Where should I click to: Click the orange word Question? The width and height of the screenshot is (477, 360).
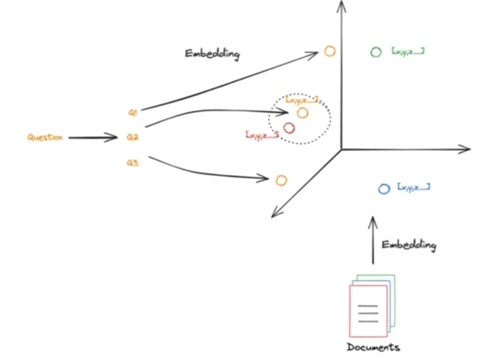[x=45, y=137]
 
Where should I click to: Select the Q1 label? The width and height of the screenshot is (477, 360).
[x=133, y=112]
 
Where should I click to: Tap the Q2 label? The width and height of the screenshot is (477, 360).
[x=133, y=137]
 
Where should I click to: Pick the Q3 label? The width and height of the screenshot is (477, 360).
[x=133, y=163]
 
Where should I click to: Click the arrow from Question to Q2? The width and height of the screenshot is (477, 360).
[x=93, y=137]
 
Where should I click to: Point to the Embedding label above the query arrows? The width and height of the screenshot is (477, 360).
[x=212, y=54]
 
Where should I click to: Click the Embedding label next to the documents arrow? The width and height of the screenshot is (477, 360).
[x=409, y=245]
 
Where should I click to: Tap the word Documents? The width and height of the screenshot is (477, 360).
[x=373, y=347]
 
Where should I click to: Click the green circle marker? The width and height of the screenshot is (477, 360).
[x=376, y=51]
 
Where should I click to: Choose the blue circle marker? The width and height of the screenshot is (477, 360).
[x=384, y=189]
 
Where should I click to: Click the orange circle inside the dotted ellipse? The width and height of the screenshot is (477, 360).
[x=303, y=113]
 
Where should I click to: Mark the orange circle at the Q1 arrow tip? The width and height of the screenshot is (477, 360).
[x=329, y=51]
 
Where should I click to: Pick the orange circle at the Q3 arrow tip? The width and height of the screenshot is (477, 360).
[x=281, y=180]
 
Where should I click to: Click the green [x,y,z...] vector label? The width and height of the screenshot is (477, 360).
[x=407, y=51]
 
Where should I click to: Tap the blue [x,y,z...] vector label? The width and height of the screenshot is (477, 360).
[x=414, y=187]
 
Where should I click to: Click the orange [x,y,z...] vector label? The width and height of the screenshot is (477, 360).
[x=302, y=99]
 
